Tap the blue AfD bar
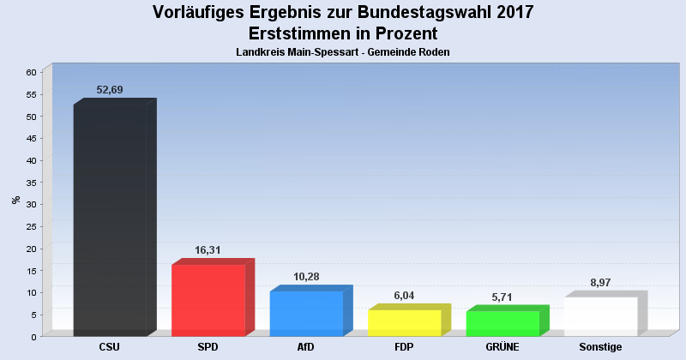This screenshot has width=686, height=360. [x=306, y=314]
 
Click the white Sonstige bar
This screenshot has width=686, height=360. [x=600, y=316]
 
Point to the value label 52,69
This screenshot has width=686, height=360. [x=111, y=90]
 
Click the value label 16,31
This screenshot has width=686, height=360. [x=208, y=250]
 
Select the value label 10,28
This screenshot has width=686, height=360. [x=306, y=277]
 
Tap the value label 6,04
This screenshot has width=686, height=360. [x=404, y=295]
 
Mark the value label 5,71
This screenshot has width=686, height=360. [x=502, y=297]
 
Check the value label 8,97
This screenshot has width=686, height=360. [x=600, y=282]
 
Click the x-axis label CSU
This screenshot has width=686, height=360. [x=110, y=347]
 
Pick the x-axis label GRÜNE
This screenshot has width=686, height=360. [x=502, y=347]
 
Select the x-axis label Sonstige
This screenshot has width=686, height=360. [x=600, y=347]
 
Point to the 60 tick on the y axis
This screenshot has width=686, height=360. [x=30, y=72]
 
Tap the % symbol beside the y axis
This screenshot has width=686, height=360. [x=15, y=200]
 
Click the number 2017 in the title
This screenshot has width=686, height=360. [x=509, y=12]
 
